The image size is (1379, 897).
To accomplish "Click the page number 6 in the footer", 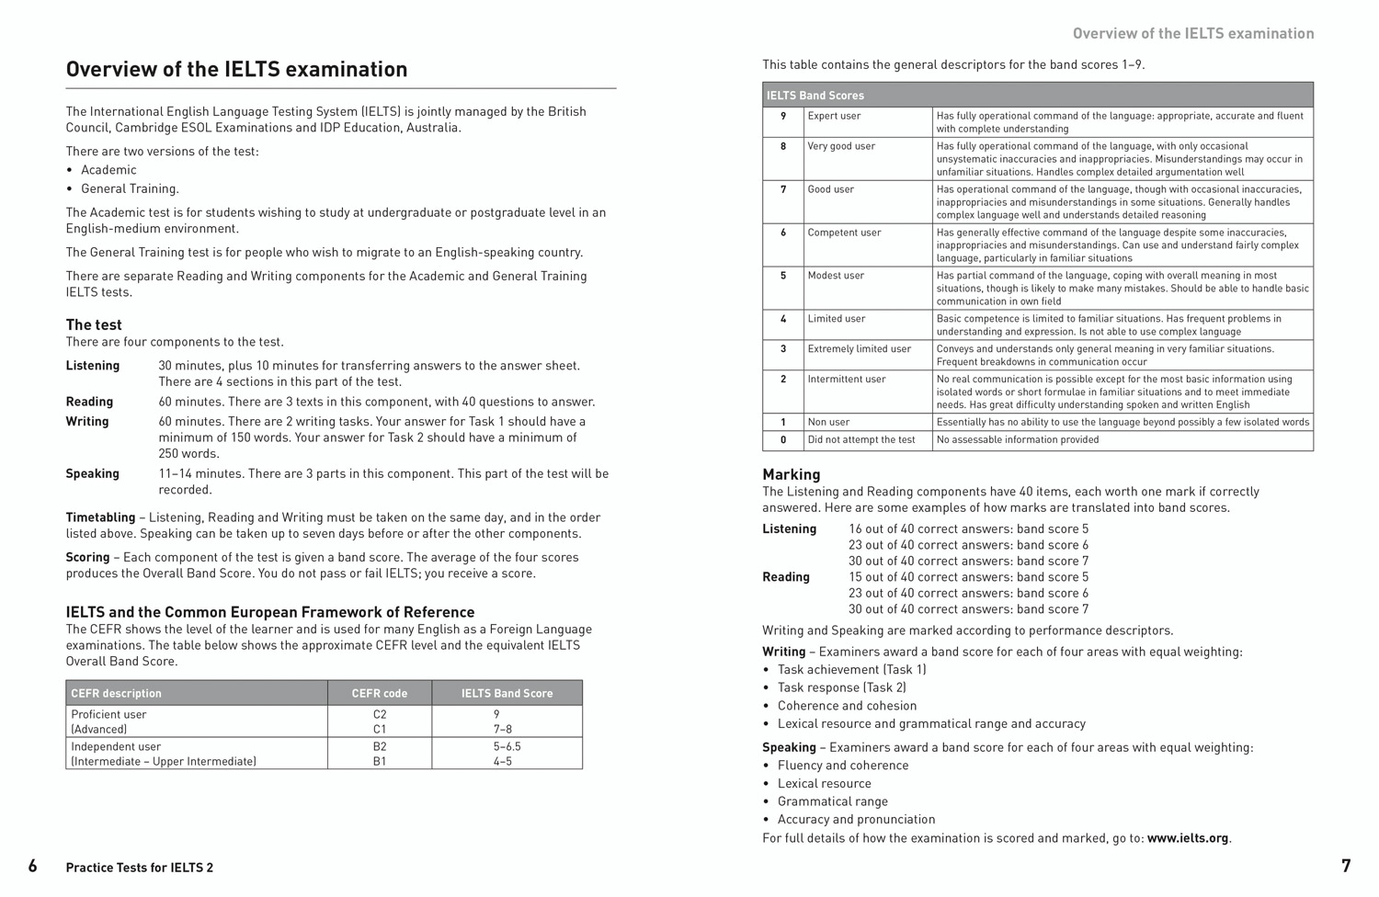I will point(33,866).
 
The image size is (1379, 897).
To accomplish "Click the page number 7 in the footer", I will point(1346,866).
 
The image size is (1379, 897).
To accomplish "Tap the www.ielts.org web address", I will point(1187,838).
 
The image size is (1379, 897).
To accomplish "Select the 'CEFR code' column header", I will point(379,693).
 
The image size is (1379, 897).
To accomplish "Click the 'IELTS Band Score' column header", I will point(507,693).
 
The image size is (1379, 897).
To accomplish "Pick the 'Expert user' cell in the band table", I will point(834,116).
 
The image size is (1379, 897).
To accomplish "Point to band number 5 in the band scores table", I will point(783,276).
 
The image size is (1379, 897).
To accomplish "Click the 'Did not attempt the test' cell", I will point(861,440).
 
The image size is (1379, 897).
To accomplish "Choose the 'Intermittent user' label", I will point(847,379).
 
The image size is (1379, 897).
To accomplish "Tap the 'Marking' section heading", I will point(791,474).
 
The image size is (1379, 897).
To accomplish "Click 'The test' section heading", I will point(94,324).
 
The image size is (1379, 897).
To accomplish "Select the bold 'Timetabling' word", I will point(100,517).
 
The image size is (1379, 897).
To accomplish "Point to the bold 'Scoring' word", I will point(87,557).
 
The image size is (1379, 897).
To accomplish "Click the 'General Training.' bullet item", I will point(130,188).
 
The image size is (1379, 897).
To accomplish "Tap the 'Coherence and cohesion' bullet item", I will point(847,706).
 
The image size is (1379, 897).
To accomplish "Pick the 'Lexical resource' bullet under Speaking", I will point(824,783).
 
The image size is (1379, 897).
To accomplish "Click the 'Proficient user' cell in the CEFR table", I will point(108,714).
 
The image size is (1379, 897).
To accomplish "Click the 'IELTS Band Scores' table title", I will point(815,96).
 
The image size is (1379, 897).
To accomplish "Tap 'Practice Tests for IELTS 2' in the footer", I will point(140,868).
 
